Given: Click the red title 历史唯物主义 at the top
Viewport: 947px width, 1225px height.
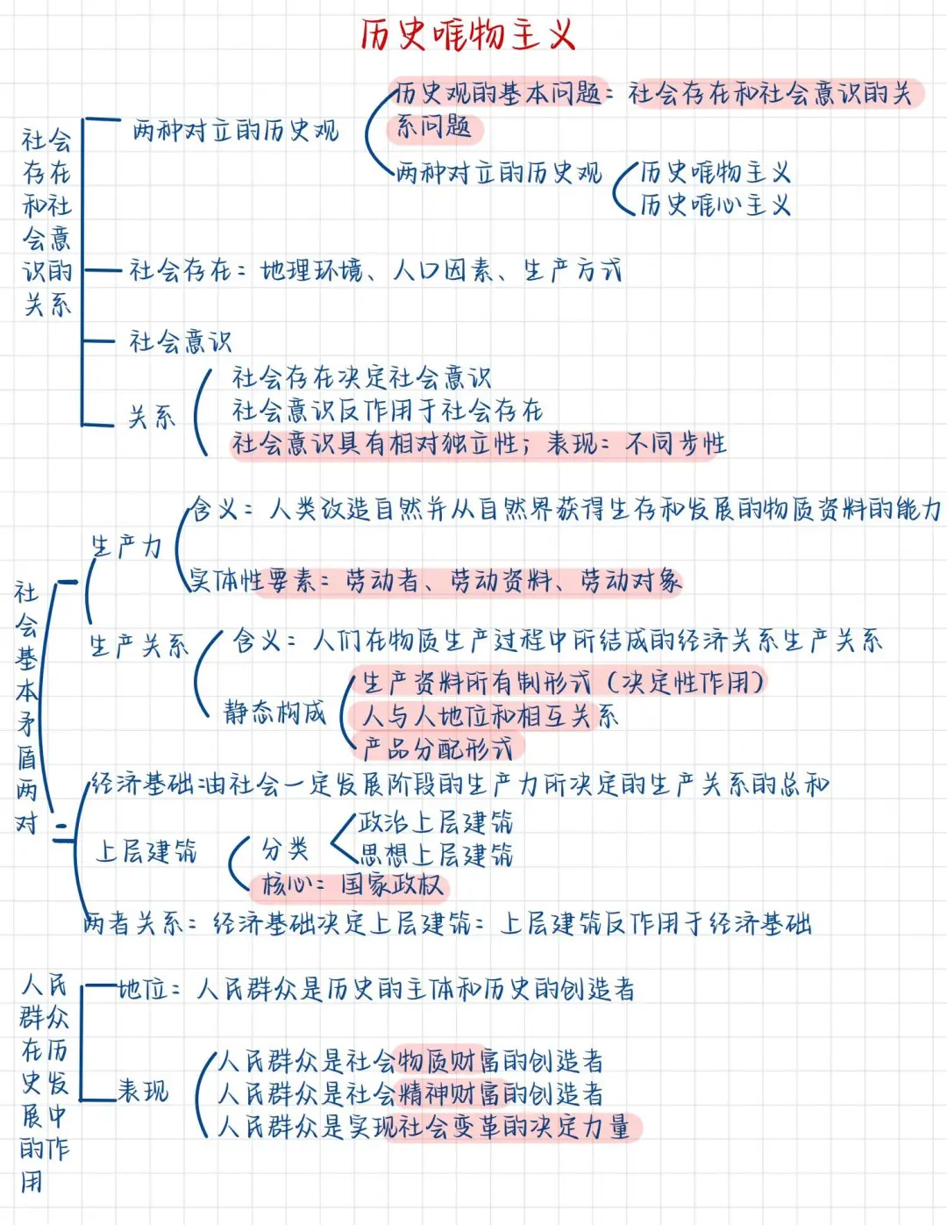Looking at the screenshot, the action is coord(468,35).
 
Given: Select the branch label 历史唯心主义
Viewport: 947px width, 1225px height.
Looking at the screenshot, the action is coord(715,205).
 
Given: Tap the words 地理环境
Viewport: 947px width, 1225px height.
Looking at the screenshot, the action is coord(311,270).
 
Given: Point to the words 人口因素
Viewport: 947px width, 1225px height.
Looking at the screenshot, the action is coord(442,270).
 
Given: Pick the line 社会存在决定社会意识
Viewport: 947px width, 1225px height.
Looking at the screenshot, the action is coord(361,378).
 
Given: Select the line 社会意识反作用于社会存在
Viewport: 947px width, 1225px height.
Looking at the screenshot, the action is coord(387,411).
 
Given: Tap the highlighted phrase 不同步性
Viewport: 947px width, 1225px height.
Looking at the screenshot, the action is coord(676,444).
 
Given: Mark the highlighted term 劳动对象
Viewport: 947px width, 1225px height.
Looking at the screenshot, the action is coord(630,581).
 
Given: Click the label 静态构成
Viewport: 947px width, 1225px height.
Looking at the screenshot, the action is coord(274,713).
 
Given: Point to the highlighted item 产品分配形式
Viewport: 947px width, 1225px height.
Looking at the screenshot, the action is coord(438,749).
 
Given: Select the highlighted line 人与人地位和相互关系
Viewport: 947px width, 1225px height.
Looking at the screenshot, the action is coord(490,716).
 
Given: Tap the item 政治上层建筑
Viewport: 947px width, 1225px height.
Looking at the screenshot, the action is coord(436,822).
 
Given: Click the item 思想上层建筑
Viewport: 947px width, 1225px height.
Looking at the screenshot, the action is coord(436,855).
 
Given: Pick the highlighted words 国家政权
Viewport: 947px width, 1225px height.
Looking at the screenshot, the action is coord(392,885).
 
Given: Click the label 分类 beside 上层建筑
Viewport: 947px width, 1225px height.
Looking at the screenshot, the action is coord(285,849).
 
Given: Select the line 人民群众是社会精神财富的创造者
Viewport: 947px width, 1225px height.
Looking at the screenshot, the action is coord(410,1094).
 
